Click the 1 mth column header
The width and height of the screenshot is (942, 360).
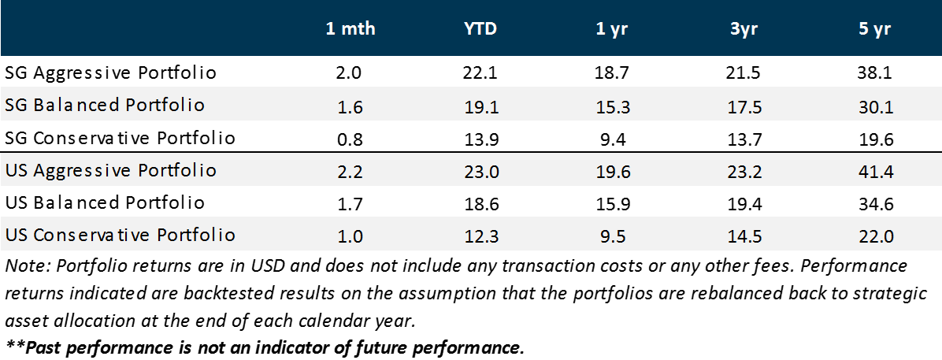(350, 29)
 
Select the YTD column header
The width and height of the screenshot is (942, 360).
(480, 29)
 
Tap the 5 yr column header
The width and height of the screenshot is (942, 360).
(875, 29)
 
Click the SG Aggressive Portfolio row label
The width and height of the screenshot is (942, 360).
(110, 73)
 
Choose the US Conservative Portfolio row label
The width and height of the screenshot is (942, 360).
(120, 235)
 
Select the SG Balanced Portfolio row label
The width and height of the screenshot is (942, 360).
(105, 106)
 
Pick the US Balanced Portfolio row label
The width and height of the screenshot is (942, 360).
(105, 202)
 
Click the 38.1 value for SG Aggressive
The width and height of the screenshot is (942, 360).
(875, 73)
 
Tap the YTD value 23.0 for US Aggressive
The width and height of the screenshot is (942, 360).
(481, 171)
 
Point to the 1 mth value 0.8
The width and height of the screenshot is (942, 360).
(350, 139)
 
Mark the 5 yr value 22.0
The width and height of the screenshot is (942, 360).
(875, 236)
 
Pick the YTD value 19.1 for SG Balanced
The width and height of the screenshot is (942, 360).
(481, 106)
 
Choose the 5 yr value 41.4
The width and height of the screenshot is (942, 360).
(875, 171)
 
